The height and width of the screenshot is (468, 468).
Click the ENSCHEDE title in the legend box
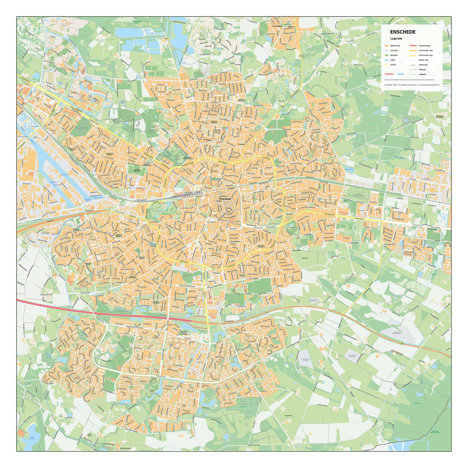tap(403, 32)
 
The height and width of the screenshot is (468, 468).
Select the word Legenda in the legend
tap(396, 39)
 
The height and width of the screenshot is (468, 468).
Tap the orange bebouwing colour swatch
tap(387, 46)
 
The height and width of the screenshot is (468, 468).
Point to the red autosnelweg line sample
tap(413, 46)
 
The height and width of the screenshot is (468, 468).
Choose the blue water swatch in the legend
tap(387, 60)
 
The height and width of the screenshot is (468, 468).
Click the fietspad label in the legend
tap(422, 70)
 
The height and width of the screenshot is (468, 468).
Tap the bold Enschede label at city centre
tap(225, 199)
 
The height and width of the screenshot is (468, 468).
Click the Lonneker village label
tap(277, 26)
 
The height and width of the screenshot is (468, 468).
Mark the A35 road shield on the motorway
tap(100, 314)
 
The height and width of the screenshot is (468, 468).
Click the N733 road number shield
tap(302, 56)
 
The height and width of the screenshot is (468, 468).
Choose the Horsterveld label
tap(288, 416)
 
